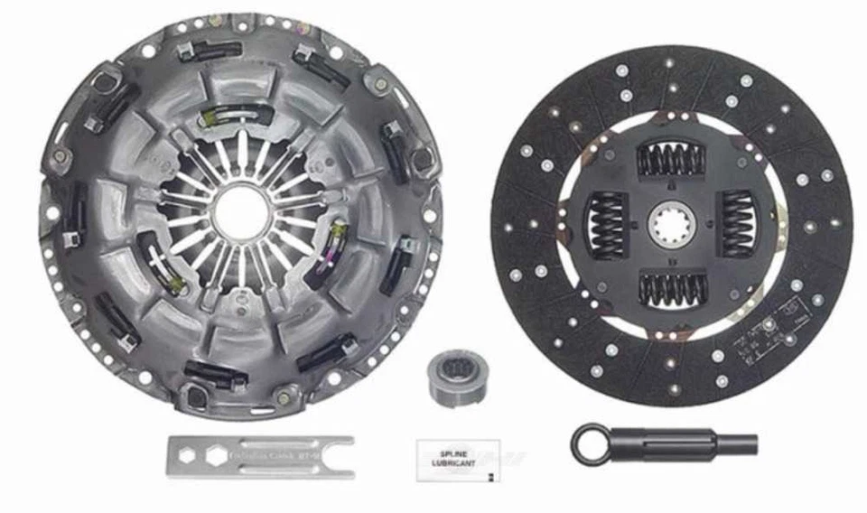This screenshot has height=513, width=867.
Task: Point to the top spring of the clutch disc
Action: (671, 160)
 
